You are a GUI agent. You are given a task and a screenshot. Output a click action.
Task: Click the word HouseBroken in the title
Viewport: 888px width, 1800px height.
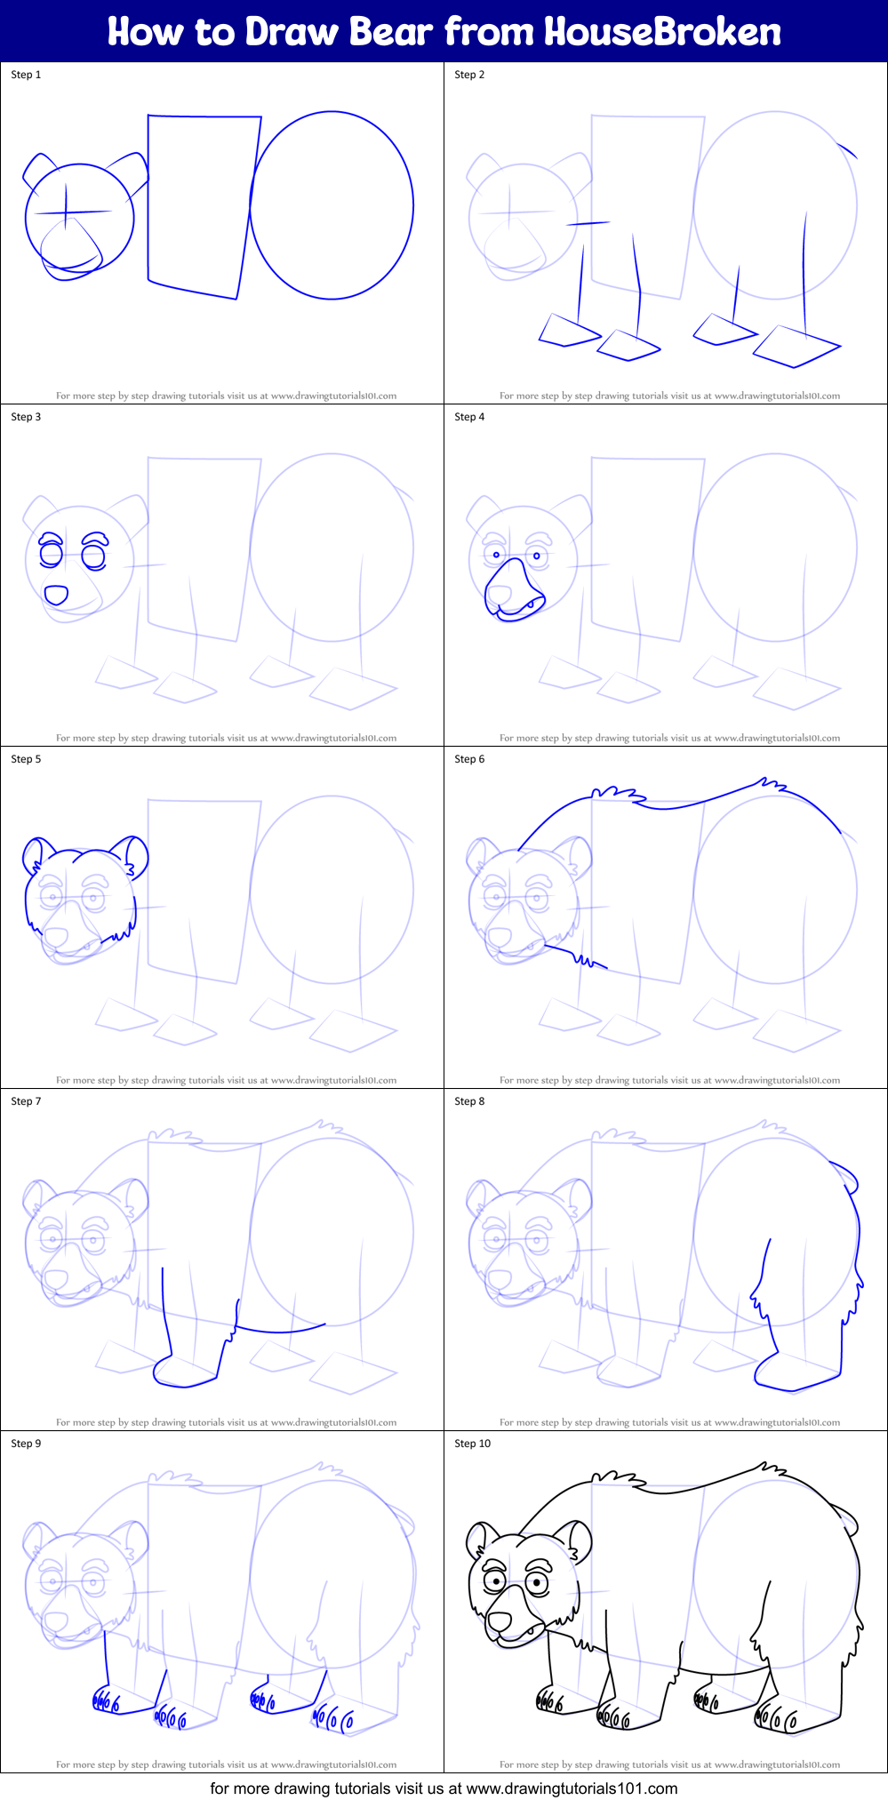[x=662, y=32]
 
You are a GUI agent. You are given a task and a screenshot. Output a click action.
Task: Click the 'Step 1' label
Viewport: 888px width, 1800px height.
[x=26, y=75]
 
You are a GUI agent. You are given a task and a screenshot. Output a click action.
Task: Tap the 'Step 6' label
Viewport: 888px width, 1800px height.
[x=469, y=759]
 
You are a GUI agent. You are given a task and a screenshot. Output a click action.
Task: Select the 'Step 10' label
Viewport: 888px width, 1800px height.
[x=472, y=1444]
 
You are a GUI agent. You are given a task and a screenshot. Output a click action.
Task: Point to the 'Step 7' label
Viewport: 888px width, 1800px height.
[x=26, y=1101]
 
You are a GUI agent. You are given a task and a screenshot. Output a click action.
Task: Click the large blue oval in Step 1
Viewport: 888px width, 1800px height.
[x=332, y=204]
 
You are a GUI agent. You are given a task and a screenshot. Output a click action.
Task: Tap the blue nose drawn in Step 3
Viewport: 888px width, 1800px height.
[x=56, y=595]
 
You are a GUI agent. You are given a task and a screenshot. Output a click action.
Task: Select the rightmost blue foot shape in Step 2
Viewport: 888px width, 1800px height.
[x=796, y=347]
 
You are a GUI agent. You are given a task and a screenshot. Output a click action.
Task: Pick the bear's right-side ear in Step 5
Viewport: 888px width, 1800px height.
[x=135, y=855]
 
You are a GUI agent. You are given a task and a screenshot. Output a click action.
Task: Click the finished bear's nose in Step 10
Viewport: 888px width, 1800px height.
[x=500, y=1621]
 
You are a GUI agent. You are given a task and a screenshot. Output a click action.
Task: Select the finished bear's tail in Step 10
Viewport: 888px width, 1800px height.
[x=846, y=1517]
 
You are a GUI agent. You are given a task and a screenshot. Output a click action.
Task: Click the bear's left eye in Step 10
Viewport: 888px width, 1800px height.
[x=494, y=1581]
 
